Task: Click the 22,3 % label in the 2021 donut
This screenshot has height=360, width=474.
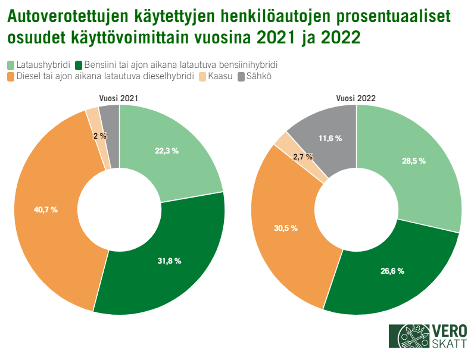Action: click(x=167, y=151)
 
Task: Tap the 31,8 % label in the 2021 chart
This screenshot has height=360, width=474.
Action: click(x=169, y=261)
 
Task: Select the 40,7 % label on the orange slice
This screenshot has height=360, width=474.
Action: click(x=45, y=209)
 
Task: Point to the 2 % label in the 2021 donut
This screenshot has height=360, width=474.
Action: click(x=100, y=136)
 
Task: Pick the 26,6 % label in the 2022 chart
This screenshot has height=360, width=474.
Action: click(x=392, y=271)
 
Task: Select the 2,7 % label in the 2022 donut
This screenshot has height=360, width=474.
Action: click(x=303, y=157)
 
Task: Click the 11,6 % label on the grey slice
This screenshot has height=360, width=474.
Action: click(x=330, y=138)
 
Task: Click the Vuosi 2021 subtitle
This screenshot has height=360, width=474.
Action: click(x=118, y=98)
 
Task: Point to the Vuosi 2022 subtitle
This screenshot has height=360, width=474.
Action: click(x=355, y=98)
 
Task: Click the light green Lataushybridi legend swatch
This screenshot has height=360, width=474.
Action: click(x=11, y=64)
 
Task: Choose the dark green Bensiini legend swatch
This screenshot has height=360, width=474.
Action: click(x=79, y=64)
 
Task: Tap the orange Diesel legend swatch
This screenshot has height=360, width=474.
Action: click(x=11, y=76)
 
